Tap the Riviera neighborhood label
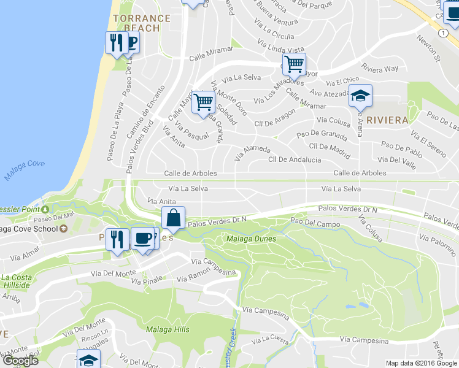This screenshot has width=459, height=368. pyautogui.click(x=387, y=120)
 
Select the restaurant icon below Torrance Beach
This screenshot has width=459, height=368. pyautogui.click(x=114, y=43)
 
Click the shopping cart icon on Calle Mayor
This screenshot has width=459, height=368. pyautogui.click(x=295, y=63)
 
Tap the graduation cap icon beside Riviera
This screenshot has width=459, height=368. pyautogui.click(x=360, y=96)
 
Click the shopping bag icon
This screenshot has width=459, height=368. pyautogui.click(x=174, y=218)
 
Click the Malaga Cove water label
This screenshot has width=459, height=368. pyautogui.click(x=25, y=171)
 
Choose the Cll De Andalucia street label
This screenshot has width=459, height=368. pyautogui.click(x=295, y=159)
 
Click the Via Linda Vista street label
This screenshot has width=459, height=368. pyautogui.click(x=280, y=47)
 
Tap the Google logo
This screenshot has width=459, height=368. pyautogui.click(x=20, y=361)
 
